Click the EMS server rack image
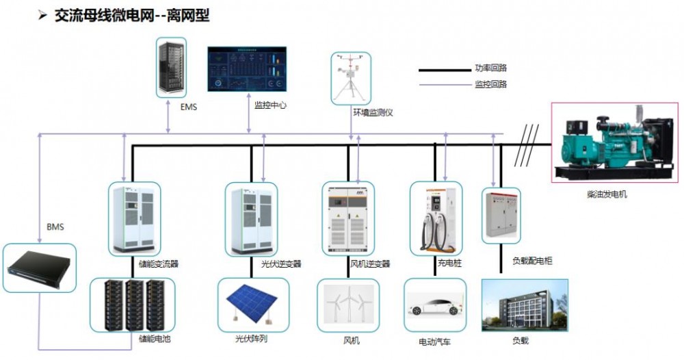(171, 67)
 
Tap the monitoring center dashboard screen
(248, 68)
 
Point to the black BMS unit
(39, 268)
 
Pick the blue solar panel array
(250, 301)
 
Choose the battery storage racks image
(133, 304)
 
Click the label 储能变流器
(159, 263)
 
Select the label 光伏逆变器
(281, 263)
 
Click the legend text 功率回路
(491, 68)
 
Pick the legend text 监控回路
(491, 84)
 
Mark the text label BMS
(55, 227)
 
